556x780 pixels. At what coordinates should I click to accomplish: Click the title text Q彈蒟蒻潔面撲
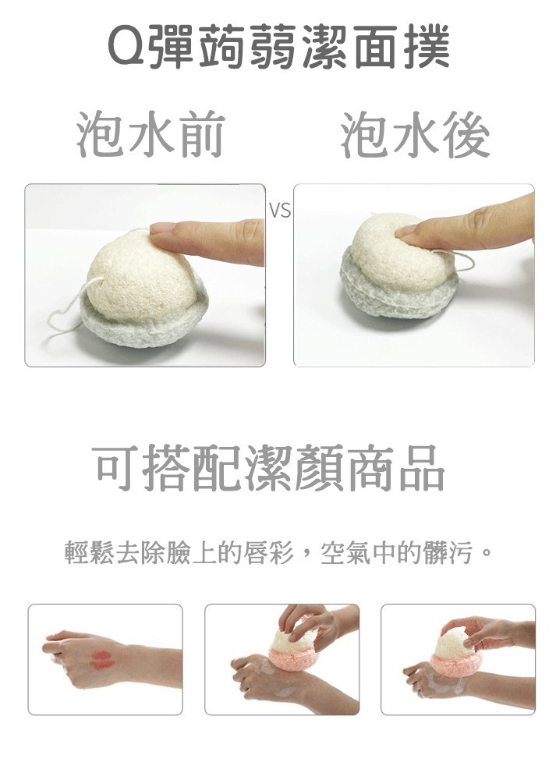coord(278,48)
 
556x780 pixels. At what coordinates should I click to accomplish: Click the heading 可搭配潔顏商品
coord(269,470)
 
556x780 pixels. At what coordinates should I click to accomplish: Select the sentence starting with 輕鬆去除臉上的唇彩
coord(278,555)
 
